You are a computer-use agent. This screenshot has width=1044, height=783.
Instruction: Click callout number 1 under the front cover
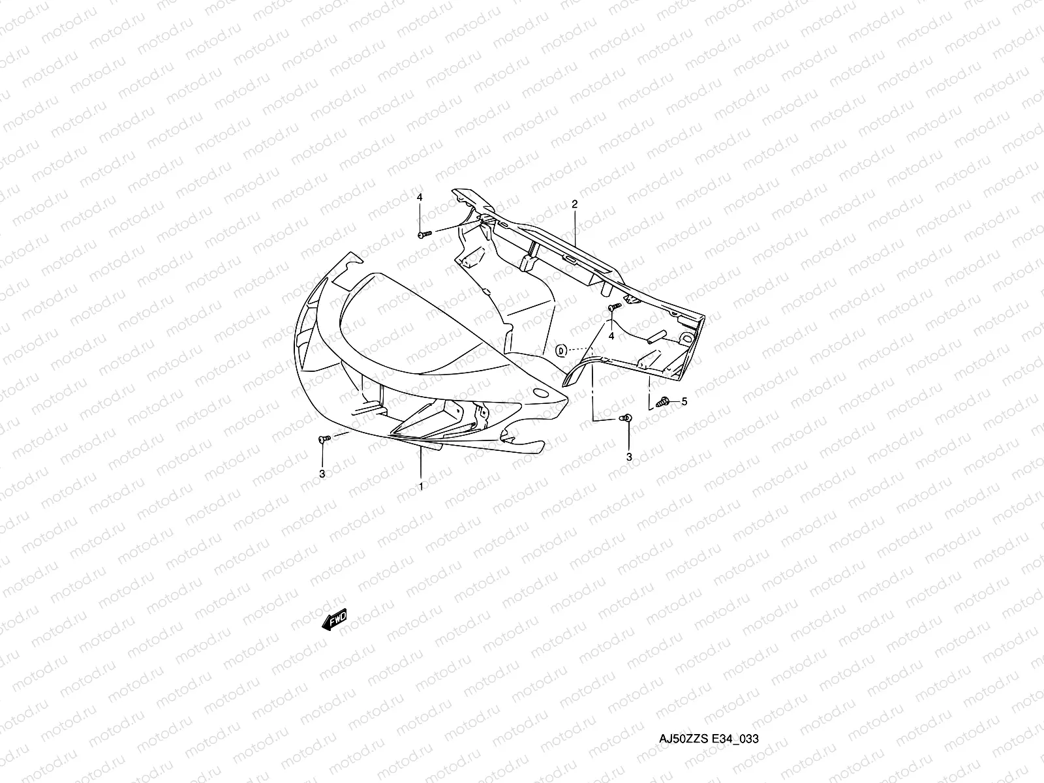(x=421, y=486)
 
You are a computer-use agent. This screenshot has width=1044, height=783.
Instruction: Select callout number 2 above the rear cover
(x=574, y=204)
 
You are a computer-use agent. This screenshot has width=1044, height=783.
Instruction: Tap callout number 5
(x=684, y=402)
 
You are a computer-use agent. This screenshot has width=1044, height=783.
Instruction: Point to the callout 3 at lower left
(x=322, y=474)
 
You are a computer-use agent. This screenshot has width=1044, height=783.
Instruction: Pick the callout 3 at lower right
(x=629, y=457)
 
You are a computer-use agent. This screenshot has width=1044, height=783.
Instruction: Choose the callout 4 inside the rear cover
(x=611, y=335)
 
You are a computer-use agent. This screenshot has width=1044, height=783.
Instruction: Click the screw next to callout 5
(x=664, y=403)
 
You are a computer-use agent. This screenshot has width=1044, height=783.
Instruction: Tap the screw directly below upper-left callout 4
(x=423, y=233)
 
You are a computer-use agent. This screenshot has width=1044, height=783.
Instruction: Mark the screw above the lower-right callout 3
(x=626, y=418)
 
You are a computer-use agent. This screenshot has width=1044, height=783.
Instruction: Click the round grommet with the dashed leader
(x=561, y=351)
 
